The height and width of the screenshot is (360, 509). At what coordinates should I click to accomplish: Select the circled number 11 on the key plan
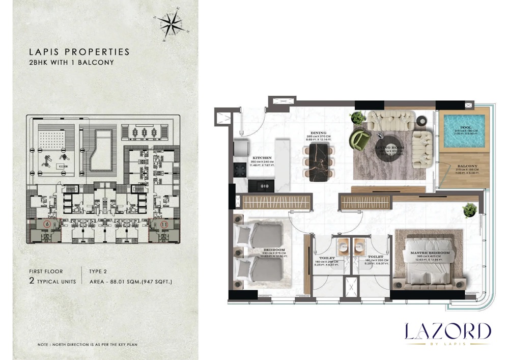pos(164,224)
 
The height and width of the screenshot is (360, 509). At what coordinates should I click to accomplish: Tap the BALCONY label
pos(467,166)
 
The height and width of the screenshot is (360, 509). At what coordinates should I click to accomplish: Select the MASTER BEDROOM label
pos(432,253)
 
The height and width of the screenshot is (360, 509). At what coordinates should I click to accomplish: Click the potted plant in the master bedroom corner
pos(470,209)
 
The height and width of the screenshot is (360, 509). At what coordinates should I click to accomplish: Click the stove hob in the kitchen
pos(239,168)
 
